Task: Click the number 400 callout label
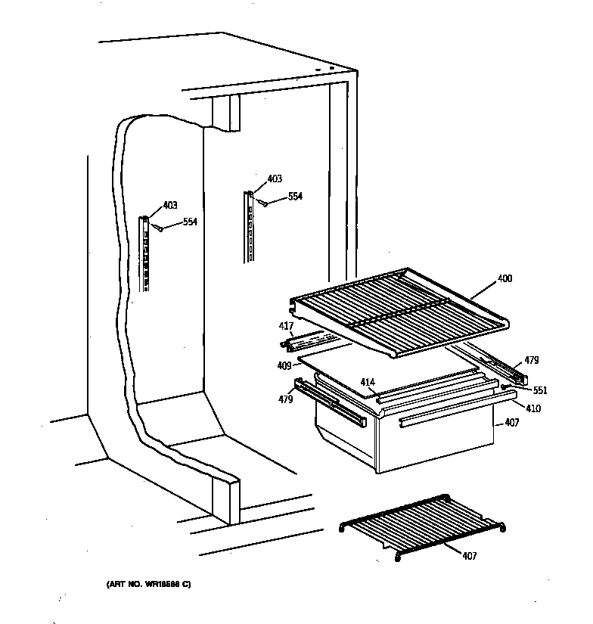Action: click(x=505, y=279)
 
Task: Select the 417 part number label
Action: click(x=285, y=326)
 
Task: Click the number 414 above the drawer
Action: click(x=368, y=383)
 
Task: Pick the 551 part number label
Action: click(x=539, y=391)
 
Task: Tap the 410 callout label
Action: click(x=533, y=408)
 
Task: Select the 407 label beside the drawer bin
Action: click(x=512, y=423)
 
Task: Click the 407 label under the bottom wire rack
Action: click(x=470, y=556)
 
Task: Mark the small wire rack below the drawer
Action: click(x=424, y=525)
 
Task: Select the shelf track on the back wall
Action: click(x=247, y=227)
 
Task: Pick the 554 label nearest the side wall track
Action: click(x=190, y=222)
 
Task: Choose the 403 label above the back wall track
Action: click(x=275, y=179)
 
